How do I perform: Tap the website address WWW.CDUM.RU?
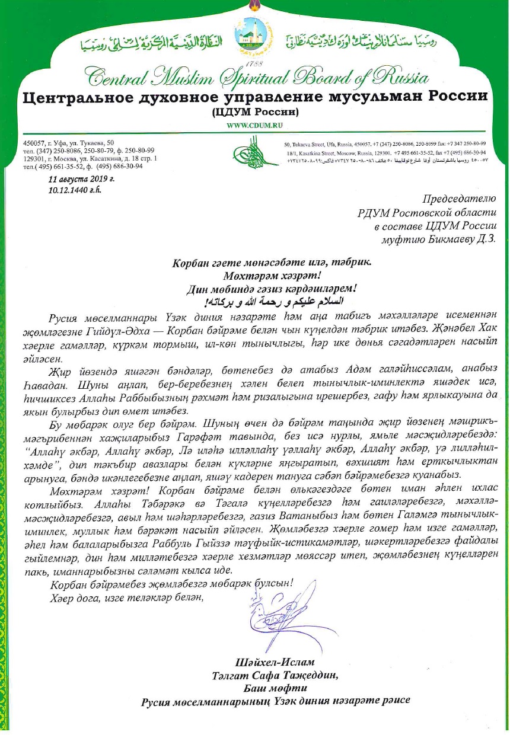pos(254,126)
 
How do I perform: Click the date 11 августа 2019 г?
pos(81,178)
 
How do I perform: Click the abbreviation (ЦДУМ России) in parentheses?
pos(254,111)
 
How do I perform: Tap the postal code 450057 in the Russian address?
pos(35,143)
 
